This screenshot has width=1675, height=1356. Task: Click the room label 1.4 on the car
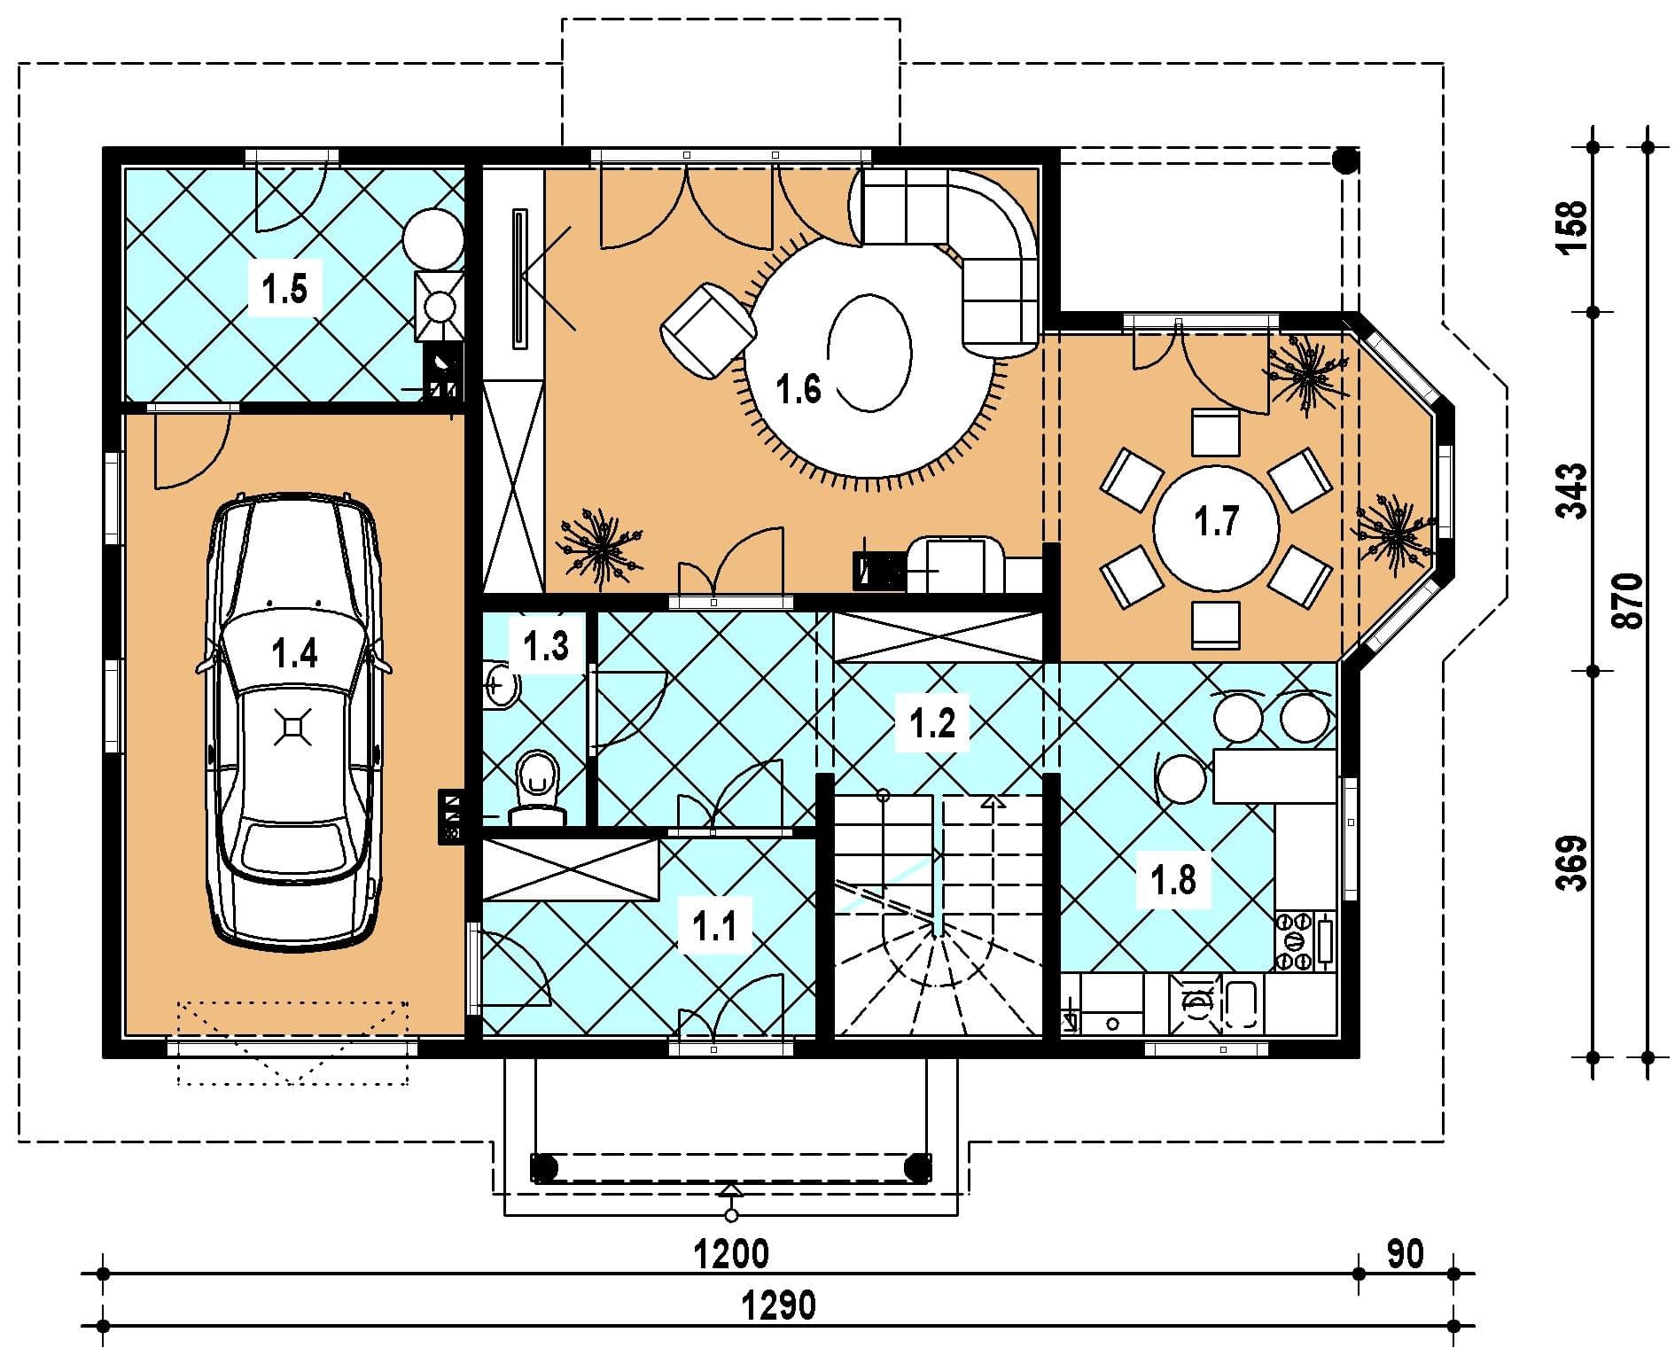point(294,654)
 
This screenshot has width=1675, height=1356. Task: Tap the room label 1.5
point(284,289)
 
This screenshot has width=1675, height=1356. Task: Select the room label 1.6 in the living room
point(799,389)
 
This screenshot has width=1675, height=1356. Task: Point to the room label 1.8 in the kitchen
point(1173,880)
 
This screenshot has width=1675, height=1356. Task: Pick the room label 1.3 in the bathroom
point(545,646)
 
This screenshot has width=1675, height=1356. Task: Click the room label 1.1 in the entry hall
point(714,928)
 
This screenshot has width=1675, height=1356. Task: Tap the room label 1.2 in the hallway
point(932,723)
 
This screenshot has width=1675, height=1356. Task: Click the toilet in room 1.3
point(536,787)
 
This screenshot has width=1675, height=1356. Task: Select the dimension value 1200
point(731,1254)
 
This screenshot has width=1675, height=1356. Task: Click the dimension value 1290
point(779,1305)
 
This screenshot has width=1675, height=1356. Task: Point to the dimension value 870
point(1630,601)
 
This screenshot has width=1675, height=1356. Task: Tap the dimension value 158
point(1574,229)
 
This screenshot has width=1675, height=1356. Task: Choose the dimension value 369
point(1574,861)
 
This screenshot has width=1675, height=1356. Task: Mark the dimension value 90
point(1405,1254)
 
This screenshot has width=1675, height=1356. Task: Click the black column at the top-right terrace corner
point(1346,160)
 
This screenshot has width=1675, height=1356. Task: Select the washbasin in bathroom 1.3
point(502,683)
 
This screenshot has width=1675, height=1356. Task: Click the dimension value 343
point(1574,491)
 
